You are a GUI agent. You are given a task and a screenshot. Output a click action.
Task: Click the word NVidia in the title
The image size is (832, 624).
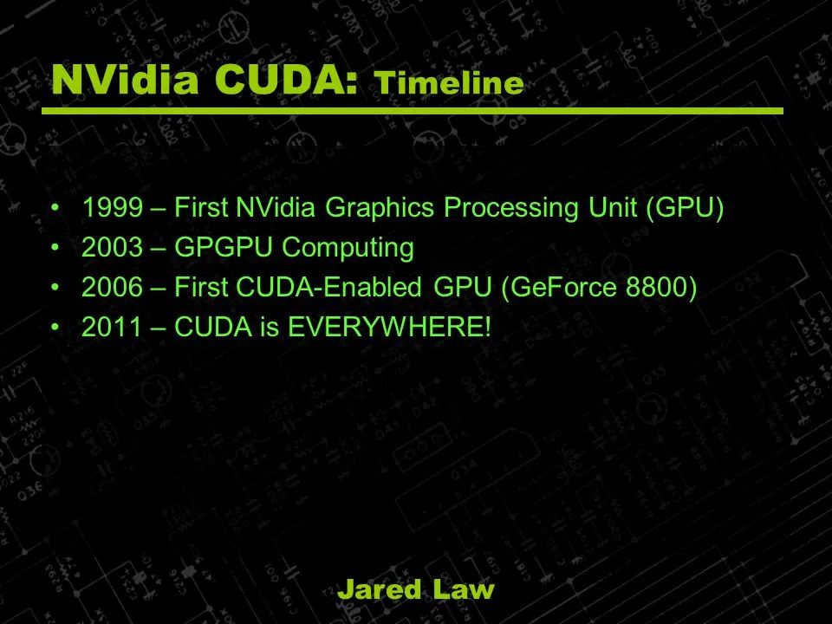pos(125,80)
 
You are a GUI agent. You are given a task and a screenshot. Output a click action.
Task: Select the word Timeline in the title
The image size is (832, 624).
pos(449,83)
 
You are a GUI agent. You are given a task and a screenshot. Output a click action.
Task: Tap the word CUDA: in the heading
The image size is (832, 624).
pos(287,80)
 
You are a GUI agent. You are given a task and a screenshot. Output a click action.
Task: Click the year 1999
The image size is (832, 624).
pos(112,207)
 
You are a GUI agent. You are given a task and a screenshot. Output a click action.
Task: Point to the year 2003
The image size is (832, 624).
pos(112,247)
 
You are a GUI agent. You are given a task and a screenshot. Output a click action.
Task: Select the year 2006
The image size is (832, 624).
pos(112,287)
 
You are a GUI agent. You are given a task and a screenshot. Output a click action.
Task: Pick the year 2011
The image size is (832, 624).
pos(112,327)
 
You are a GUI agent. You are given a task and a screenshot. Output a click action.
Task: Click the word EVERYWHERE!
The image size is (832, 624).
pos(389,327)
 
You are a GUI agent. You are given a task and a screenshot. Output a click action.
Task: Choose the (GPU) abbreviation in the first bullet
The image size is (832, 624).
pos(686,208)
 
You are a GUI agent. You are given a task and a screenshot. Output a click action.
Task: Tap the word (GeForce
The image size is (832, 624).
pos(559,287)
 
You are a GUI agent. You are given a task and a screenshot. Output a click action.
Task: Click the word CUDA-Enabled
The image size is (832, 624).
pos(329,287)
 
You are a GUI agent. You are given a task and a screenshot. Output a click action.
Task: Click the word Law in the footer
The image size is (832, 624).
pos(463,589)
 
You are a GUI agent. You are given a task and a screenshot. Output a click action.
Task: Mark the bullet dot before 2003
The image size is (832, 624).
pos(55,247)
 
